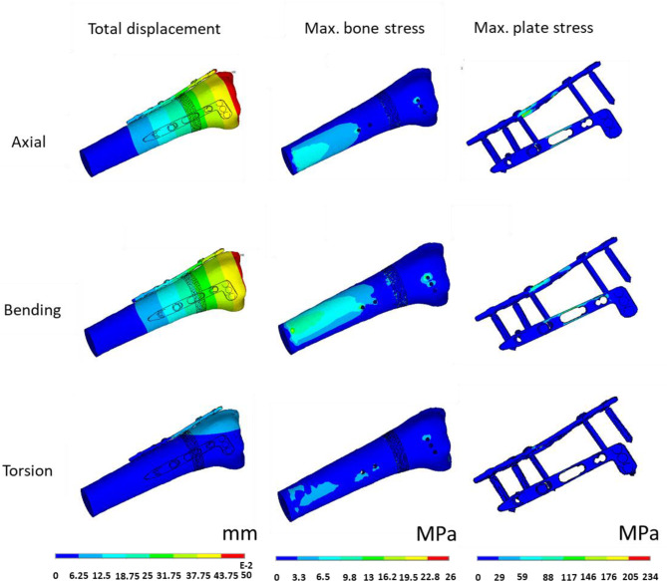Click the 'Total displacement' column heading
pyautogui.click(x=154, y=29)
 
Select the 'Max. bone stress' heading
pyautogui.click(x=365, y=28)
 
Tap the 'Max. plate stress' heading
pyautogui.click(x=533, y=28)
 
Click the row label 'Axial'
pyautogui.click(x=29, y=142)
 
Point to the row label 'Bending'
pyautogui.click(x=32, y=310)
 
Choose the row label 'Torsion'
pyautogui.click(x=28, y=470)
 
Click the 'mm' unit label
pyautogui.click(x=239, y=533)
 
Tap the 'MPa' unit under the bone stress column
pyautogui.click(x=436, y=534)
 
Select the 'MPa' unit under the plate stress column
pyautogui.click(x=638, y=533)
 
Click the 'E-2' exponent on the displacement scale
pyautogui.click(x=246, y=566)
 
